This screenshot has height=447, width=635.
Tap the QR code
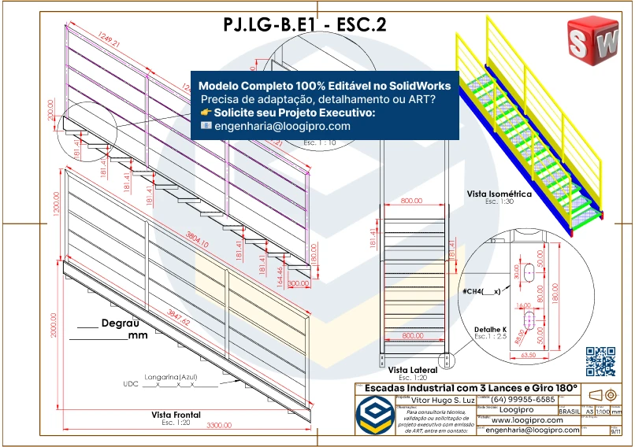600,361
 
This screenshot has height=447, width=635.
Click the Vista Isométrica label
499,193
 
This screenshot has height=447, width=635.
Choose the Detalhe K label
491,329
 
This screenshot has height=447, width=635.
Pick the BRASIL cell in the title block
569,411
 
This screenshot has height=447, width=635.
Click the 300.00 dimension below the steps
299,283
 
